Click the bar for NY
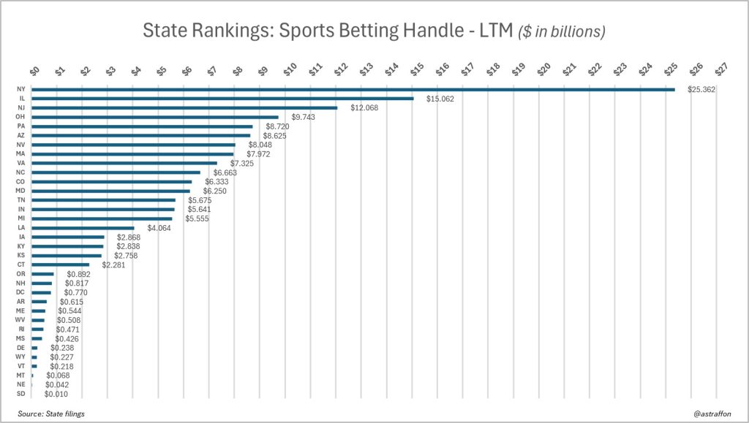(351, 89)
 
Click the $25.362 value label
(701, 89)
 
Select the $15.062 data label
(440, 99)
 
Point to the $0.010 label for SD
(56, 395)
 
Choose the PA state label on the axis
(20, 126)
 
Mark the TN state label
(20, 200)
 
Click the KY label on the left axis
(20, 246)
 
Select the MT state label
(20, 376)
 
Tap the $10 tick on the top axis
(289, 69)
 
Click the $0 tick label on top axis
(34, 70)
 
